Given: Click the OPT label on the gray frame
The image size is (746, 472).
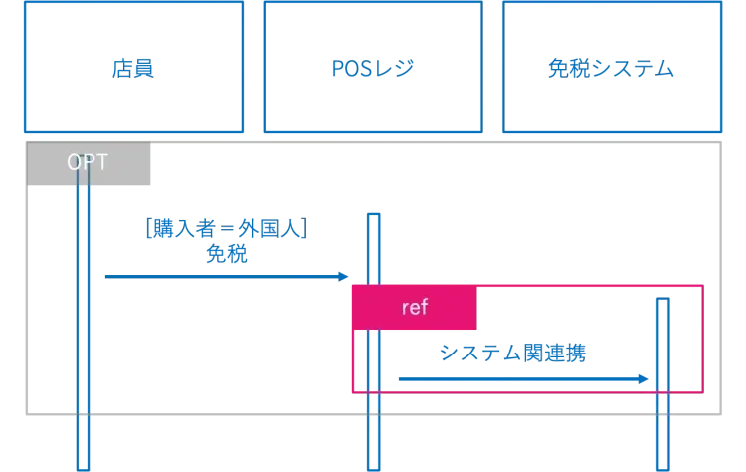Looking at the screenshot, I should click(x=88, y=162).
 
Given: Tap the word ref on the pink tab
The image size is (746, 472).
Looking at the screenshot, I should click(x=414, y=308).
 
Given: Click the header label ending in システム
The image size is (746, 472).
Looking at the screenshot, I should click(x=611, y=70).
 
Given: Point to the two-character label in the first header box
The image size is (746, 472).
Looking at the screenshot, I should click(x=134, y=70).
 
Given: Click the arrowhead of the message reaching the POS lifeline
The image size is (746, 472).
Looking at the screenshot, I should click(x=343, y=275).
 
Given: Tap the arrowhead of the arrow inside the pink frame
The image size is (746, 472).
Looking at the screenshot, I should click(x=646, y=378).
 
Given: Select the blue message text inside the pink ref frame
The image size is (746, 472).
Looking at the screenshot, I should click(x=513, y=354).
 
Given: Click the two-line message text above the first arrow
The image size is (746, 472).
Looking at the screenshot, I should click(x=227, y=240).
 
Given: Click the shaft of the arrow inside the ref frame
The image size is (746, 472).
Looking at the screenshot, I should click(x=517, y=378).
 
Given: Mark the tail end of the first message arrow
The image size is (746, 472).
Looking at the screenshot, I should click(x=106, y=275).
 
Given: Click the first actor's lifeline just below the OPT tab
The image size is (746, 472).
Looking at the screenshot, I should click(x=84, y=214).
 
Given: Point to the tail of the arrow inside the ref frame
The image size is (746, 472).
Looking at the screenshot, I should click(x=401, y=378).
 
